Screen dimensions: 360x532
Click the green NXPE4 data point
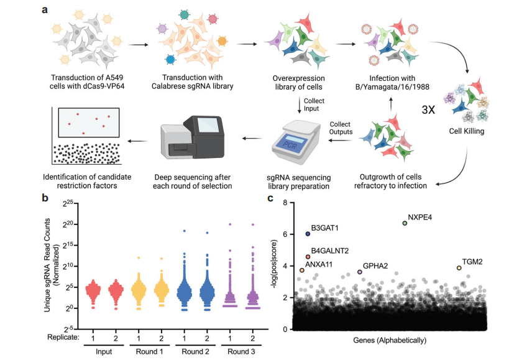point(405,223)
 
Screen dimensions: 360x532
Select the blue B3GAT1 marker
point(308,234)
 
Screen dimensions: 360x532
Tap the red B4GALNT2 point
point(308,257)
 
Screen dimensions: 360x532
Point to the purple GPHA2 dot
point(360,272)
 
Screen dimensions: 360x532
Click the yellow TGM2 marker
point(459,268)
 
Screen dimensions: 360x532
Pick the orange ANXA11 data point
point(302,270)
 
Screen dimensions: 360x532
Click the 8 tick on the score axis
point(285,203)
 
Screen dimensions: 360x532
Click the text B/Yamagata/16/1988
point(392,87)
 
